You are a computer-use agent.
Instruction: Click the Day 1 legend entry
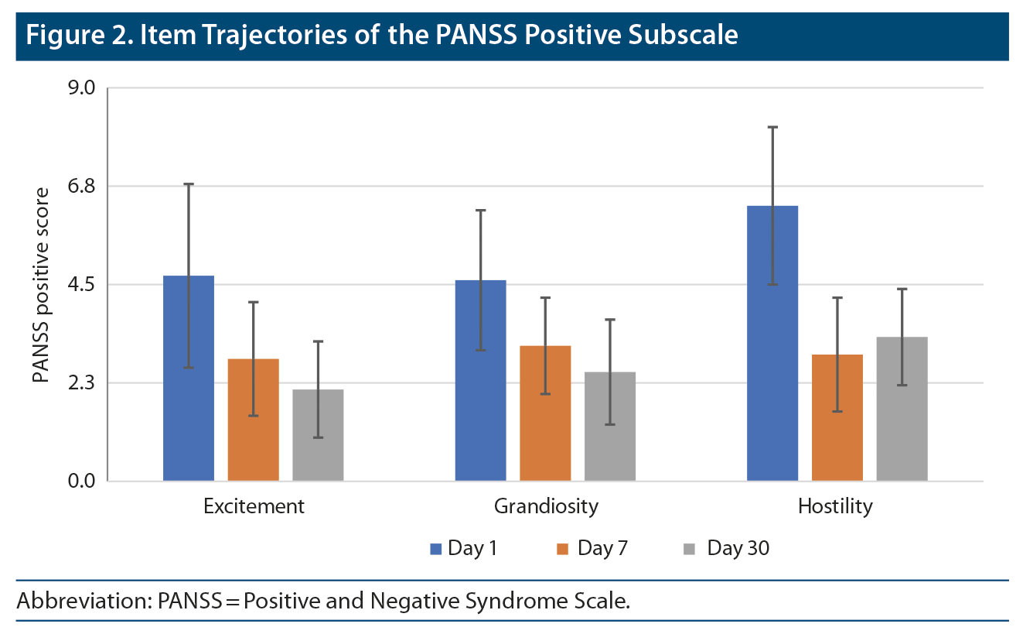[464, 549]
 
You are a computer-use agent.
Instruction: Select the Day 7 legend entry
[592, 549]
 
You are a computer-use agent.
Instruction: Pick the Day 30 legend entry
[727, 549]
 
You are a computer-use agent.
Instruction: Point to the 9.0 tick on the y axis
[80, 88]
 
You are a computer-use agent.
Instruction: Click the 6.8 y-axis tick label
[80, 187]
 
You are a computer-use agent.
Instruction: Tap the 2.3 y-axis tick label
[80, 383]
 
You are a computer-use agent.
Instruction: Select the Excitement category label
[254, 506]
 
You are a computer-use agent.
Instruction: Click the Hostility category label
[835, 506]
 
